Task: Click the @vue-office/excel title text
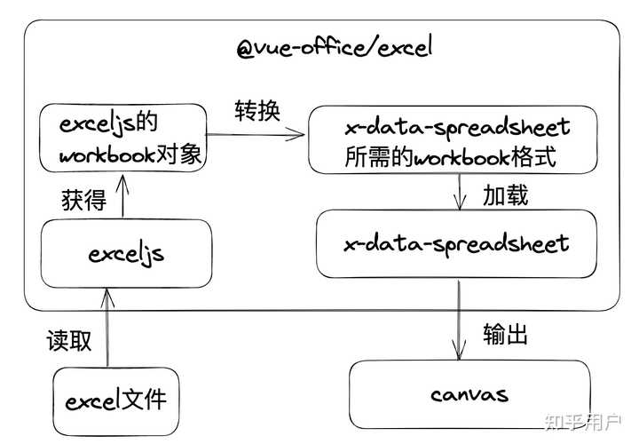tap(334, 47)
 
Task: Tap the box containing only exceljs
tap(126, 254)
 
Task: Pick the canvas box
tap(469, 393)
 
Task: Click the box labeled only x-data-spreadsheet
tap(457, 242)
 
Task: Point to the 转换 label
tap(257, 111)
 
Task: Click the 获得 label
tap(84, 200)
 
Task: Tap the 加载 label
tap(505, 195)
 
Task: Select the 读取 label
tap(69, 341)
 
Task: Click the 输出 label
tap(505, 334)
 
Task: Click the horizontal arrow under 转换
tap(257, 136)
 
